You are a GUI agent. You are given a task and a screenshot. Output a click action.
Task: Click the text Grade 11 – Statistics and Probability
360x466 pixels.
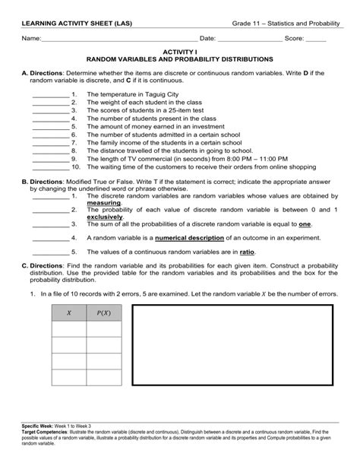(285, 24)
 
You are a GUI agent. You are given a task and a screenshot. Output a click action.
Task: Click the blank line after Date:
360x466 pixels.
(248, 39)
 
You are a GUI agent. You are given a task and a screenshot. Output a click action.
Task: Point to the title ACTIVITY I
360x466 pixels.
(180, 50)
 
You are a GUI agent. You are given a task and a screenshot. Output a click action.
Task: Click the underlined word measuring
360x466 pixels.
(103, 204)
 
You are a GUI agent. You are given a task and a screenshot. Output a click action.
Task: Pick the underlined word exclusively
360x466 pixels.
(104, 217)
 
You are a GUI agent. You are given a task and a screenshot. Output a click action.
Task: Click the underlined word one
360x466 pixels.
(305, 224)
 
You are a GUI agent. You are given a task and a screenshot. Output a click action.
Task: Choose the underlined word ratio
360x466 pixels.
(247, 251)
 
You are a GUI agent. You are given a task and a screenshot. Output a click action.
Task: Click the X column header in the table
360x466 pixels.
(69, 312)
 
